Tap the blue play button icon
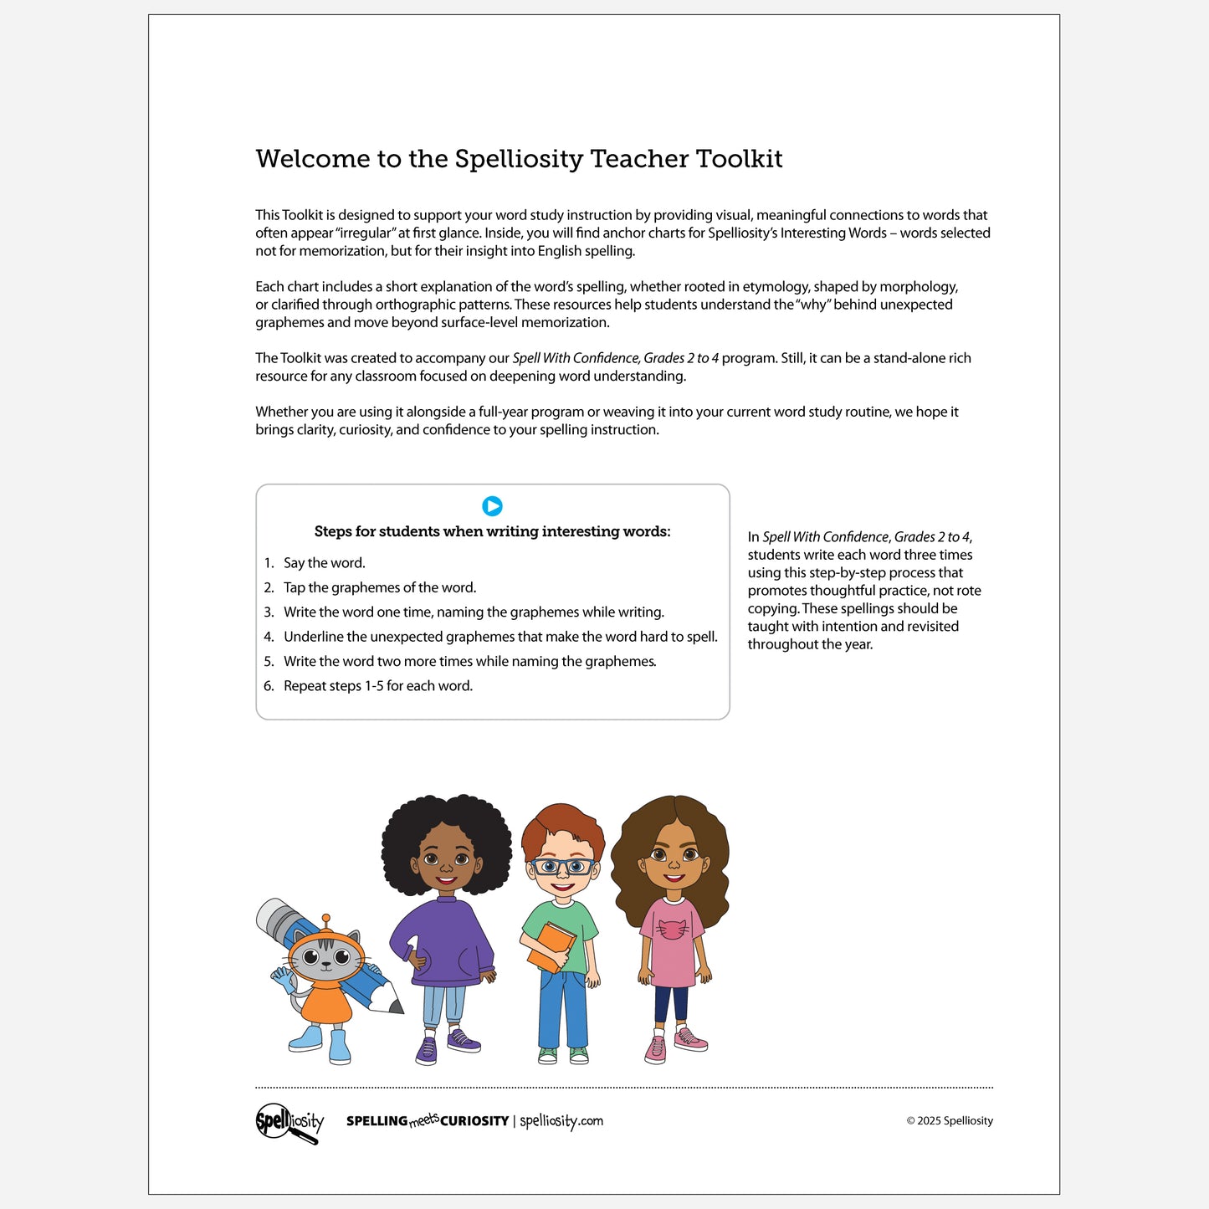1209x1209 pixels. tap(492, 506)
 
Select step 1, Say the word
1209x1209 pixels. tap(324, 563)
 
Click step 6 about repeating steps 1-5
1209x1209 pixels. tap(377, 686)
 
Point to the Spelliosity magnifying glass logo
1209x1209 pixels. tap(289, 1122)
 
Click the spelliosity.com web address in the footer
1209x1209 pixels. tap(561, 1121)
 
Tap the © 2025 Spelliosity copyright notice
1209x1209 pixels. tap(950, 1121)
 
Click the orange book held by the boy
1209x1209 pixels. tap(551, 946)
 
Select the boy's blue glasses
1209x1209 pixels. tap(562, 866)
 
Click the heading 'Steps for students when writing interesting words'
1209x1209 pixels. tap(492, 531)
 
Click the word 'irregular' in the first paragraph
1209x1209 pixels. tap(363, 233)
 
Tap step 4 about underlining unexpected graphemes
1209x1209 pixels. tap(499, 637)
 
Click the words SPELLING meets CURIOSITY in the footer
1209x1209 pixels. tap(428, 1121)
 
